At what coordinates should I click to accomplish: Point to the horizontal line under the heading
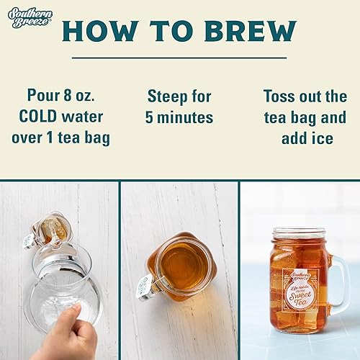coord(179,57)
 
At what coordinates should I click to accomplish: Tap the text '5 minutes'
coord(179,117)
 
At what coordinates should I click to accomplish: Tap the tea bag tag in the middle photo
coord(144,284)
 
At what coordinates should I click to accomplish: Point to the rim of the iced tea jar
coord(300,233)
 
